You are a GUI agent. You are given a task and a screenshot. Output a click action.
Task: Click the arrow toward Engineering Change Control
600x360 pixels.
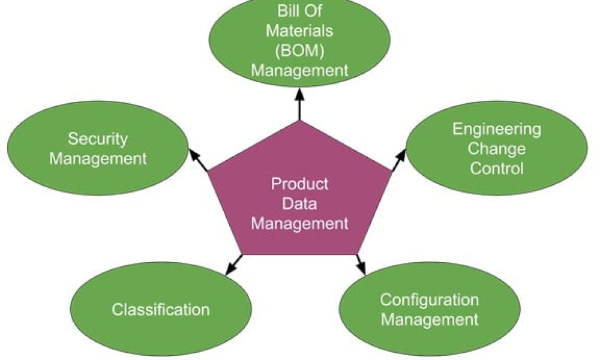coord(398,160)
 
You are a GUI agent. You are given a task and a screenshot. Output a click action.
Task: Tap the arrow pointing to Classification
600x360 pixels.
coord(235,265)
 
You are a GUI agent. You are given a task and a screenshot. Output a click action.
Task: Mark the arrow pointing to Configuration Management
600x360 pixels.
coord(361,265)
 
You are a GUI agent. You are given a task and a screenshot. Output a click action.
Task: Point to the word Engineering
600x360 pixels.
coord(497,128)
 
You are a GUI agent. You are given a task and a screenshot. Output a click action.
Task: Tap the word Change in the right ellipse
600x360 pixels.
coord(497,148)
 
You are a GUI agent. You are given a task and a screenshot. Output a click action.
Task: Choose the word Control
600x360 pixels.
coord(497,168)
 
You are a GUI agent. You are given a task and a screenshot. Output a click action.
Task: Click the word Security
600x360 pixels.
coord(97,139)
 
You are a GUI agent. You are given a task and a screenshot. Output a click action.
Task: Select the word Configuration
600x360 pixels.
coord(430,299)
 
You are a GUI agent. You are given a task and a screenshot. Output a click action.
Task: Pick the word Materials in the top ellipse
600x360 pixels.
coord(299,30)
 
